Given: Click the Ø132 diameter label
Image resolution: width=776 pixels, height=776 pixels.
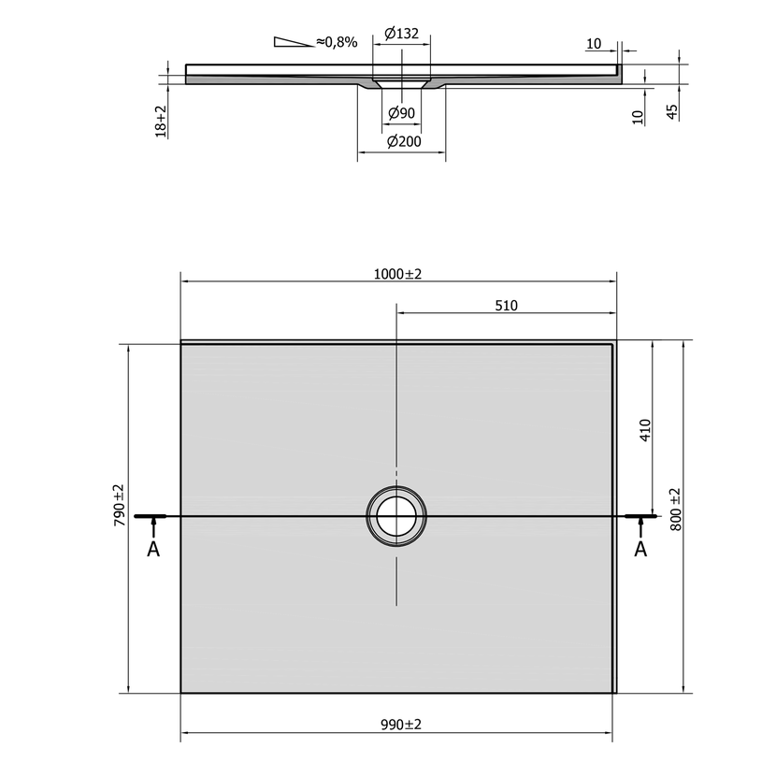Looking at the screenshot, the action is click(x=401, y=34).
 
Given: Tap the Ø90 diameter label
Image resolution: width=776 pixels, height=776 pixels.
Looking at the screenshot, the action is click(x=401, y=113).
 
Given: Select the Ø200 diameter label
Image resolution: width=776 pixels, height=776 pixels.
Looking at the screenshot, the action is click(x=404, y=142).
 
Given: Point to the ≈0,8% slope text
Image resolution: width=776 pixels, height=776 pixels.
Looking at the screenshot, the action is click(x=337, y=42).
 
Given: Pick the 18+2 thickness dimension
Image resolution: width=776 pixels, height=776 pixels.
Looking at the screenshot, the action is click(x=161, y=121).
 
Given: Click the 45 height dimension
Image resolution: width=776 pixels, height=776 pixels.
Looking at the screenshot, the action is click(x=672, y=112).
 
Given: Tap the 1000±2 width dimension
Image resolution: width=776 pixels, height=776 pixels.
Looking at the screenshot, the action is click(x=397, y=274).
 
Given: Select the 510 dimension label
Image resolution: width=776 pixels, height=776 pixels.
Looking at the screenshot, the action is click(x=507, y=306).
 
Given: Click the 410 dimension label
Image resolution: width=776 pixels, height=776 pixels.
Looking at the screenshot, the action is click(x=645, y=430).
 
